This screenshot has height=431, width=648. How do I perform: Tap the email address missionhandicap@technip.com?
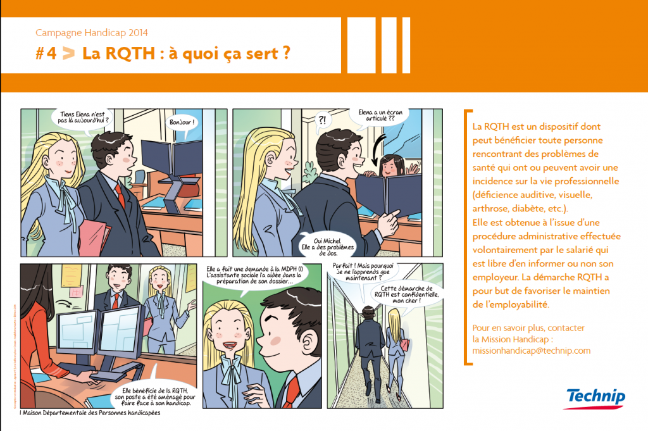(x=531, y=350)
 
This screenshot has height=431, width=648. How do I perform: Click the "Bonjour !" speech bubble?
(x=183, y=122)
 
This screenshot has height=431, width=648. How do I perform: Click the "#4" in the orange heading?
(x=46, y=54)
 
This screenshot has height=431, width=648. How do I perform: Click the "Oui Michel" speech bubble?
(x=327, y=245)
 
